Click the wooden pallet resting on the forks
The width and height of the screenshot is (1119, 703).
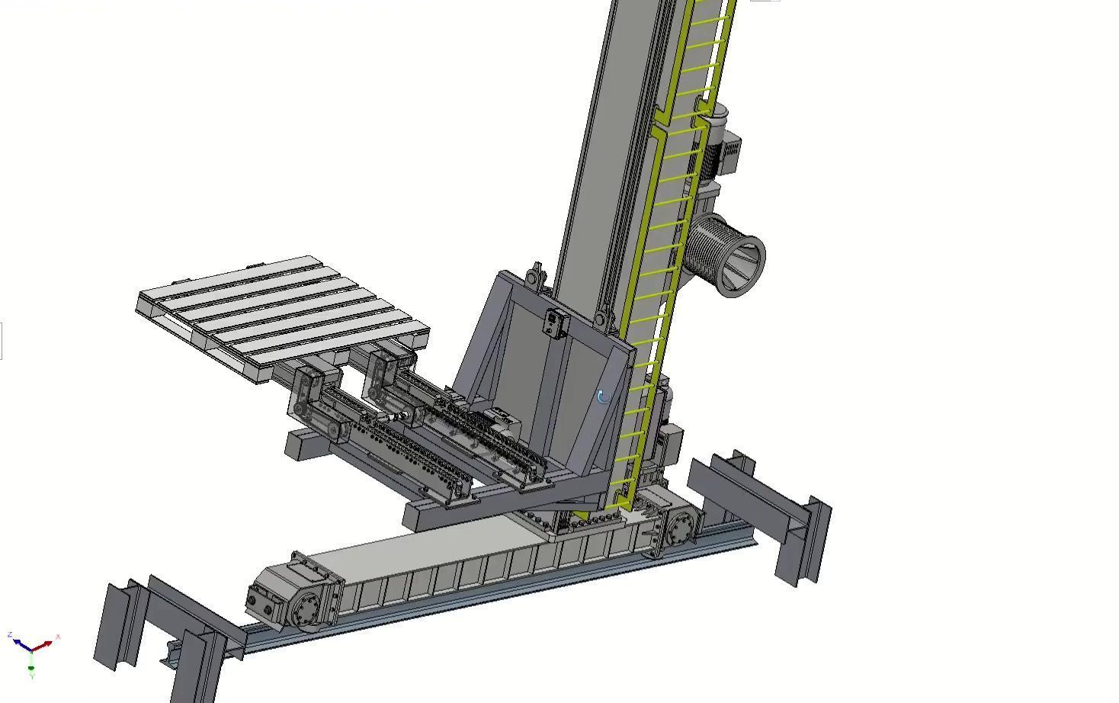(282, 313)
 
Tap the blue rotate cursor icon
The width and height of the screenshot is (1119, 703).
(602, 397)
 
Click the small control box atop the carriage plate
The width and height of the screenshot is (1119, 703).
(555, 323)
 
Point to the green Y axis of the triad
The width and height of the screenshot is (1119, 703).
(31, 666)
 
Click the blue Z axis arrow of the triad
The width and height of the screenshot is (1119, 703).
(17, 641)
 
